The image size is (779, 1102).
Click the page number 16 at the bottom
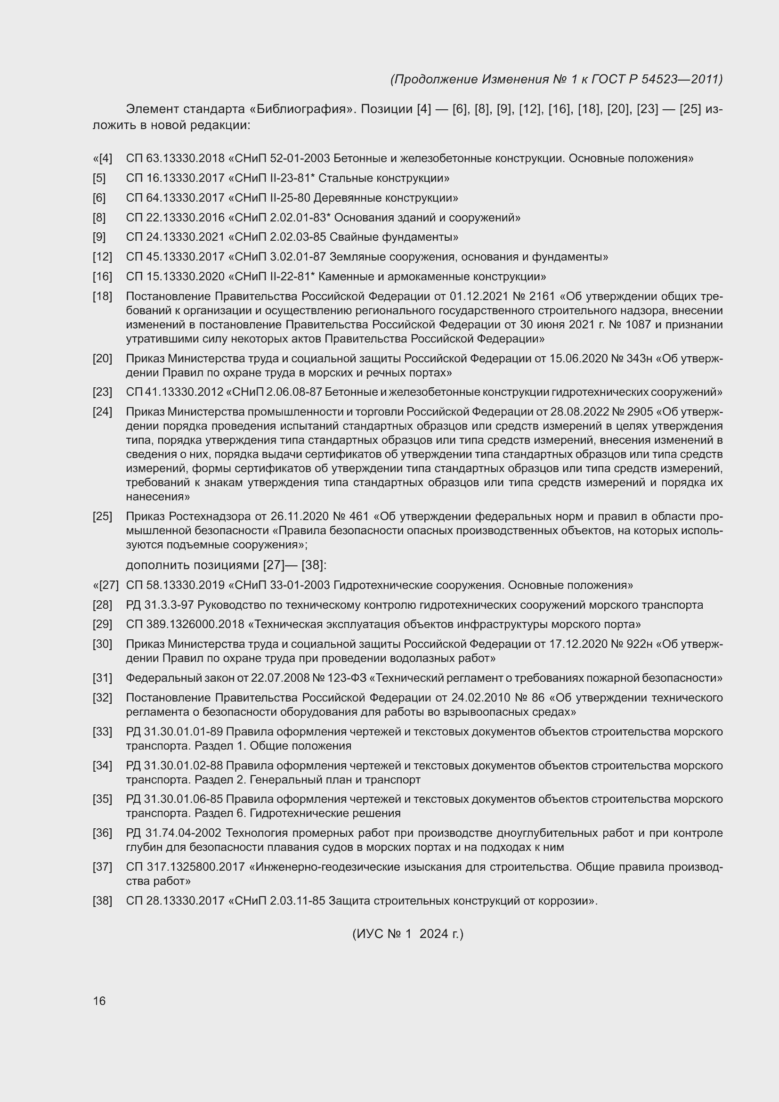click(99, 1001)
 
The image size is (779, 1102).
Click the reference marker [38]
click(102, 901)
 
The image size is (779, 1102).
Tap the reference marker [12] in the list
click(102, 257)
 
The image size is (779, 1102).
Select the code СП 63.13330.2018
click(175, 158)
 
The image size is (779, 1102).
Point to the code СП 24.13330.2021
click(175, 237)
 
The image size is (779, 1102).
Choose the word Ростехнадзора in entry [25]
click(210, 516)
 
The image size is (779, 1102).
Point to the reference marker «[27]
click(105, 586)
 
